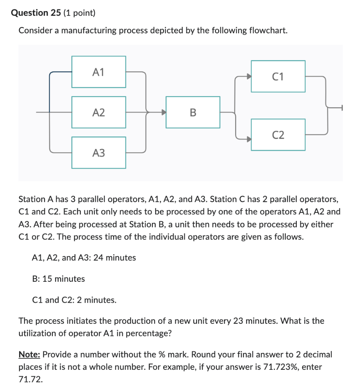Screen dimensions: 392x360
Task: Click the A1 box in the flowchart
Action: pos(99,72)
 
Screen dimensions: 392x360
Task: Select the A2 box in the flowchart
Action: pos(99,112)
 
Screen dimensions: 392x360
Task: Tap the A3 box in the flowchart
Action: pos(99,153)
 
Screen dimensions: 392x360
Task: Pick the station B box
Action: pos(193,112)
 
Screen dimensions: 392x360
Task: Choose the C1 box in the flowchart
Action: pos(278,76)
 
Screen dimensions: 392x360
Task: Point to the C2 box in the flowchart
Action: pos(278,134)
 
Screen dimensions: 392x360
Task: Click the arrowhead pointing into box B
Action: pos(164,113)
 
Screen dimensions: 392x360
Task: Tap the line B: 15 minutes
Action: pos(59,279)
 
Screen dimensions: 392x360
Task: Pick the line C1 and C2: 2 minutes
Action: pos(74,300)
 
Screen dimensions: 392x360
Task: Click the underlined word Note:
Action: pos(29,354)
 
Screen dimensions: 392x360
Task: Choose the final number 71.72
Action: pos(31,380)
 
